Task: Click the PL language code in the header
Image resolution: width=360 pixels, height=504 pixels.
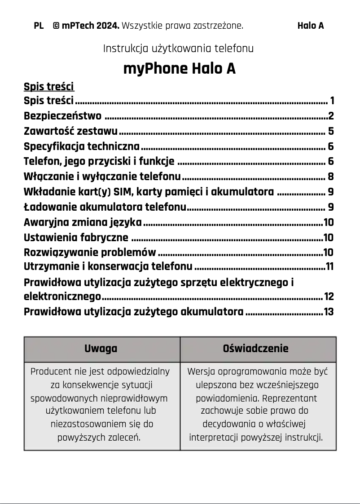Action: (x=39, y=26)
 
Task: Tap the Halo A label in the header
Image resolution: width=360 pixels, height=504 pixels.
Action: (x=310, y=26)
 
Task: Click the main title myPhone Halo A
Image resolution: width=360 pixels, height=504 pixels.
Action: (x=179, y=69)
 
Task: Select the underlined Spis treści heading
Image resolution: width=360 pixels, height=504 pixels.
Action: (x=48, y=86)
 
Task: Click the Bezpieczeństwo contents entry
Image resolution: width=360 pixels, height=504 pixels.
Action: (x=62, y=116)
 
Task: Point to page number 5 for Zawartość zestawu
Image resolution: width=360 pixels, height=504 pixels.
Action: (x=331, y=132)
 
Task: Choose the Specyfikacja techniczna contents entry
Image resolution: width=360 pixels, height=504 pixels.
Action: (x=82, y=146)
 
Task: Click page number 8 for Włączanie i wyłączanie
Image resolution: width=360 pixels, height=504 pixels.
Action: (x=331, y=177)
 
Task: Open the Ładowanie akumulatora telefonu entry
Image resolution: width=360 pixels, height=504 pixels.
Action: (x=105, y=207)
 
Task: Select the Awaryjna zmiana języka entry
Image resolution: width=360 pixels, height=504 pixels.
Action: (x=83, y=222)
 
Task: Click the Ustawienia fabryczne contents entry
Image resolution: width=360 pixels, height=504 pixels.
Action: (x=76, y=238)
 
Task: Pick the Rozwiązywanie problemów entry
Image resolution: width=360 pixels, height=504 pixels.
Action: (x=90, y=252)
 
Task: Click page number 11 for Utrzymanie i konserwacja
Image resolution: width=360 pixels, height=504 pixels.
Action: (x=330, y=267)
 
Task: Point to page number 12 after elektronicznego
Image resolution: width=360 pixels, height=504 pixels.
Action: (x=329, y=296)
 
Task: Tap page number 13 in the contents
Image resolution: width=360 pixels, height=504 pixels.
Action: (x=329, y=312)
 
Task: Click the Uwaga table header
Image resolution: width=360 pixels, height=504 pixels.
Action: (x=101, y=349)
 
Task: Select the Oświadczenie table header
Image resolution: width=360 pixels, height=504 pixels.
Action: (x=256, y=349)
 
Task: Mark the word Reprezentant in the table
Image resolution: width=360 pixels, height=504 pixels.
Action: (x=290, y=398)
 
